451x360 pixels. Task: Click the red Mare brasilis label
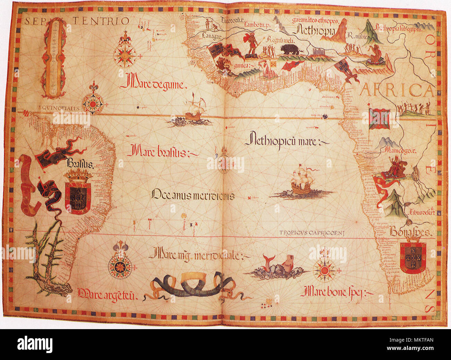pyautogui.click(x=162, y=152)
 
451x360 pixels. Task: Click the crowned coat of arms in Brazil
pyautogui.click(x=77, y=191)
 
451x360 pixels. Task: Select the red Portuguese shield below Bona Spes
pyautogui.click(x=412, y=257)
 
